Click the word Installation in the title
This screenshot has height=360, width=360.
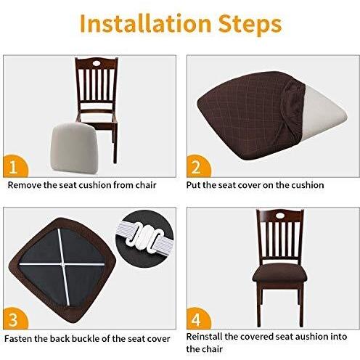pyautogui.click(x=145, y=23)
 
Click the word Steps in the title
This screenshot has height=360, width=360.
pyautogui.click(x=250, y=25)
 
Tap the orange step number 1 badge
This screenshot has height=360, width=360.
pyautogui.click(x=15, y=166)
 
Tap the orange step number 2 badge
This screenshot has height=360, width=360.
pyautogui.click(x=198, y=166)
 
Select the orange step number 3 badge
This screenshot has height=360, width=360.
pyautogui.click(x=15, y=319)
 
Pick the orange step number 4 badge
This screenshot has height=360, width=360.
pyautogui.click(x=198, y=319)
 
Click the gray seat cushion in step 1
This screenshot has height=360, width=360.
pyautogui.click(x=74, y=148)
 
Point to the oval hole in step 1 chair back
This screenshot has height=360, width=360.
pyautogui.click(x=97, y=63)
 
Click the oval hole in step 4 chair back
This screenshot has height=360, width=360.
pyautogui.click(x=280, y=215)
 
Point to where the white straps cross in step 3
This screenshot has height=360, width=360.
pyautogui.click(x=62, y=264)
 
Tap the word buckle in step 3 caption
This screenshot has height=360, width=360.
pyautogui.click(x=86, y=338)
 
